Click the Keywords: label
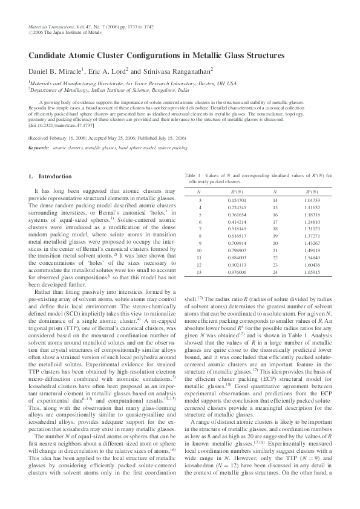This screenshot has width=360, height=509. (x=39, y=147)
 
